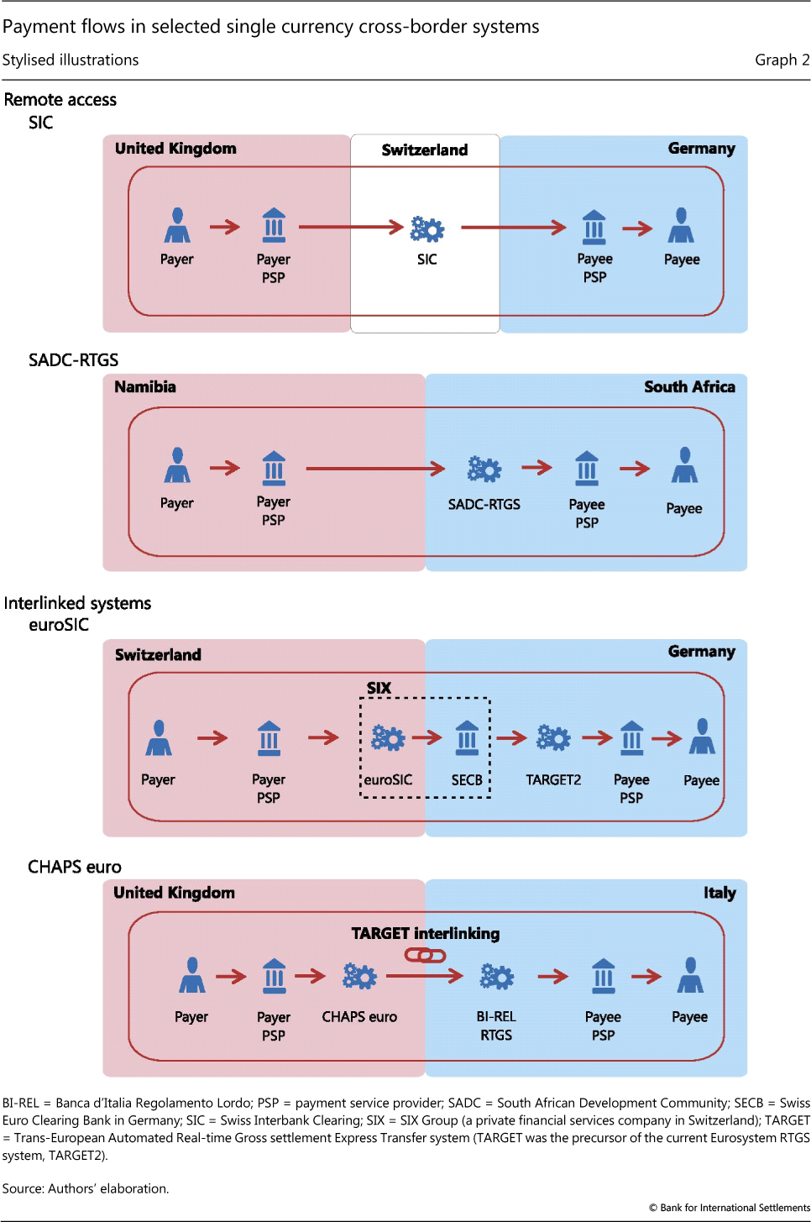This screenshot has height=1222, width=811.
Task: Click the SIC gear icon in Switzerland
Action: coord(427,228)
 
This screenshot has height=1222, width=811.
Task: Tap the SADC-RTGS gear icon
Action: coord(484,469)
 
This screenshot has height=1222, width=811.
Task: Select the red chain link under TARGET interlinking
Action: coord(425,955)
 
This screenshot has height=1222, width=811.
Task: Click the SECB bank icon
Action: coord(467,738)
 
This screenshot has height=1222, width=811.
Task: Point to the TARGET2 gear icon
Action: coord(553,738)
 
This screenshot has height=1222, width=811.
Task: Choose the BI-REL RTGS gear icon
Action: coord(496,977)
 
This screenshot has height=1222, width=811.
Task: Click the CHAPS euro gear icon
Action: coord(359,976)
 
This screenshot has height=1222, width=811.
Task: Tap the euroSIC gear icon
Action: coord(388,738)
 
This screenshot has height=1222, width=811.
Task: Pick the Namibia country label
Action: coord(145,387)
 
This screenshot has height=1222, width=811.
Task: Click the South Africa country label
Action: coord(689,387)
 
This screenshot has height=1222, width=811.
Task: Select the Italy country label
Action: coord(719,893)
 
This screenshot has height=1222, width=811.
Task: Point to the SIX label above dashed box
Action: coord(379,688)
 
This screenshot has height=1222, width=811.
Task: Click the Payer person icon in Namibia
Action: coord(177,465)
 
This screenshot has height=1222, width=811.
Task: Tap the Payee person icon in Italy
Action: coord(690,975)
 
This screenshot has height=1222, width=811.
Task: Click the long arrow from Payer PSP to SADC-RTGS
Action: coord(375,469)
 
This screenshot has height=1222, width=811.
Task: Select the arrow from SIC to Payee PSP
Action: coord(514,227)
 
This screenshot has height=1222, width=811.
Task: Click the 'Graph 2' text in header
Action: coord(782,60)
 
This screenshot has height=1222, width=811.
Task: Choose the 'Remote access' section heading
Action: coord(60,100)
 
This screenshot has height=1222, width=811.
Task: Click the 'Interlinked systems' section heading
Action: coord(77,603)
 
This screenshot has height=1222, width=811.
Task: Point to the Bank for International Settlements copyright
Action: coord(730,1208)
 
